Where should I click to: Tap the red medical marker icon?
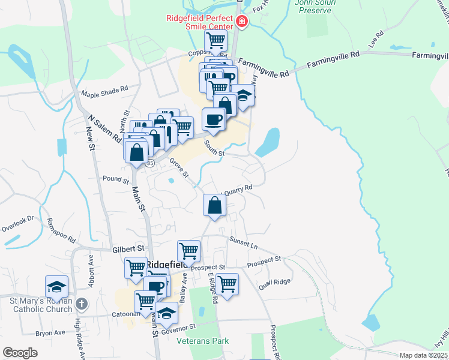point(242,23)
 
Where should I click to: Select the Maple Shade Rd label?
point(105,88)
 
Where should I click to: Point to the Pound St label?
point(116,179)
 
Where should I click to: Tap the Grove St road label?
point(179,168)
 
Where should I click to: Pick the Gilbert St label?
point(128,248)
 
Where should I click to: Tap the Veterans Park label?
point(203,341)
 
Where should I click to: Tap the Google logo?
point(20,352)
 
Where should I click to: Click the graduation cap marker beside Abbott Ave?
point(56,286)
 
